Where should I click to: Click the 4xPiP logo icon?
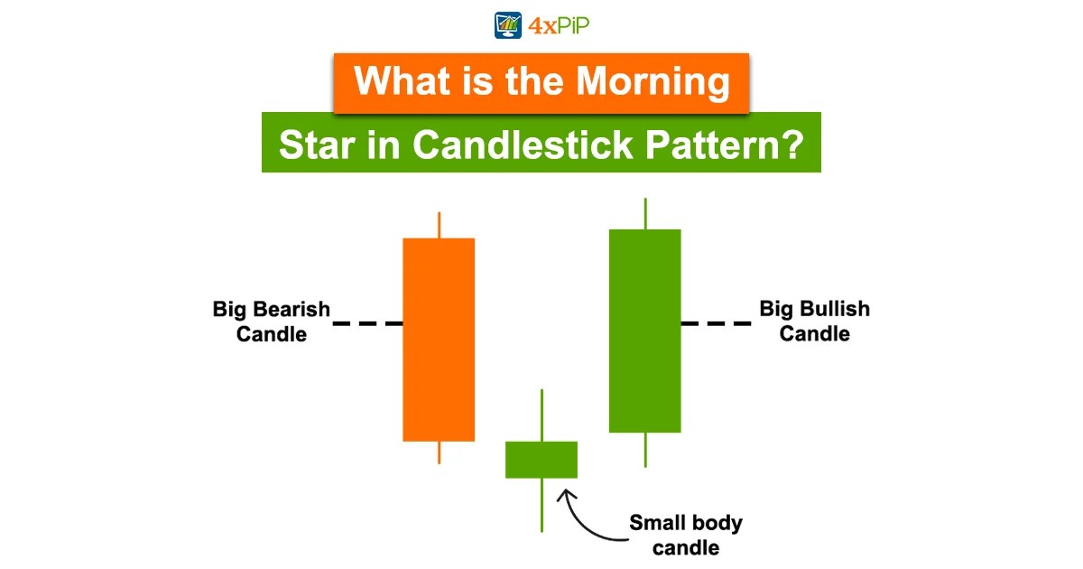[x=507, y=24]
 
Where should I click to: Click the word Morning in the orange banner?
[x=653, y=82]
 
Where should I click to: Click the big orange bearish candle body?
[x=439, y=340]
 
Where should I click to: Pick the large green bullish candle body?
[x=644, y=331]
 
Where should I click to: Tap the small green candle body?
[x=541, y=459]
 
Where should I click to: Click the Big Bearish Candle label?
[x=272, y=322]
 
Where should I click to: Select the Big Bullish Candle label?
[x=814, y=322]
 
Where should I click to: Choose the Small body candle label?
[x=687, y=535]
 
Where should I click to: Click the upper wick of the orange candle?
[x=439, y=225]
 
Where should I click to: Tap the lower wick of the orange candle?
[x=439, y=452]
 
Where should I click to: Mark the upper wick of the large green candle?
[x=645, y=213]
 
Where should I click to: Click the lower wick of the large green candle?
[x=645, y=450]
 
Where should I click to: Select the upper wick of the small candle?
[x=541, y=415]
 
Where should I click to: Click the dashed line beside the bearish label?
[x=367, y=322]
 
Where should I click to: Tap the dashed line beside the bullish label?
[x=717, y=322]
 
